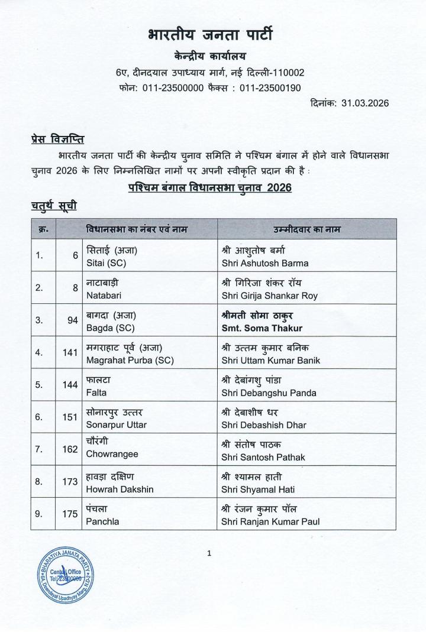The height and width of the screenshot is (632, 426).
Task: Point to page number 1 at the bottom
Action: [x=209, y=553]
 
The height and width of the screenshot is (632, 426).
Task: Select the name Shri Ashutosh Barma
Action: [x=264, y=263]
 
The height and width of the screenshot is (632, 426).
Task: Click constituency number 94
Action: [x=72, y=320]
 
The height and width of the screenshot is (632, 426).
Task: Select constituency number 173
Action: [x=70, y=481]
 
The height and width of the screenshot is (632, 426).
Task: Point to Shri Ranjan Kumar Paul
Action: [x=270, y=521]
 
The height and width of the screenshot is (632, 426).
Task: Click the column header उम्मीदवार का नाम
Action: [x=306, y=229]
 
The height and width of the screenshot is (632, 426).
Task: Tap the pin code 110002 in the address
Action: [x=286, y=73]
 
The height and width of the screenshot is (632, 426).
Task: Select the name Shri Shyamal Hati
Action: [x=258, y=489]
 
